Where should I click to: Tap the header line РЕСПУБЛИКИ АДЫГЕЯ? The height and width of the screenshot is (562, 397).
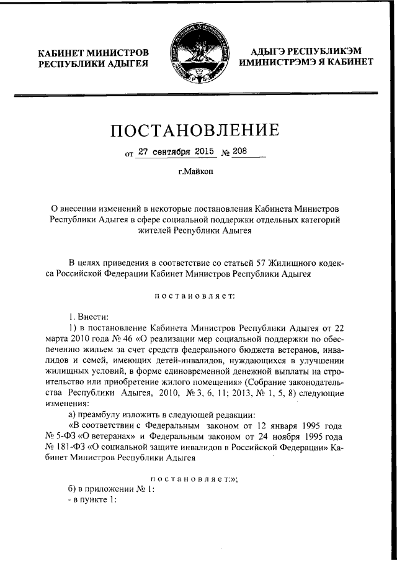(93, 64)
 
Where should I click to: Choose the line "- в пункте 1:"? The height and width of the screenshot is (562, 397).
(92, 501)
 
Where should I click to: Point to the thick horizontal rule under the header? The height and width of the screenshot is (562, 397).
(198, 94)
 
